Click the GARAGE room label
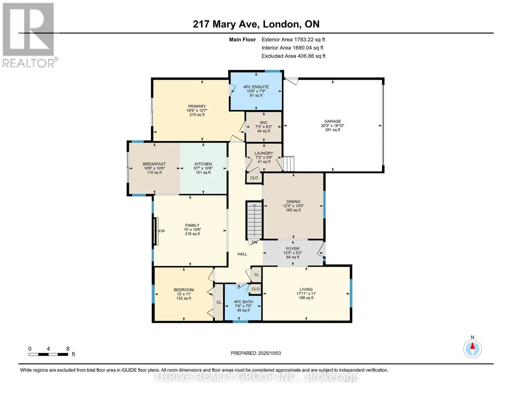(332, 121)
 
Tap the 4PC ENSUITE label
(256, 87)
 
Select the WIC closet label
(264, 123)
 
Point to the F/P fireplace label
(162, 231)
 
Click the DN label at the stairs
(255, 242)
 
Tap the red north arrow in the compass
(472, 346)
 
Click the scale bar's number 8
(68, 349)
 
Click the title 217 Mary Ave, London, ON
(256, 24)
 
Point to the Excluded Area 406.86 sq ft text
(293, 56)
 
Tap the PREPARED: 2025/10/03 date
(256, 353)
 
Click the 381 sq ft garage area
(332, 130)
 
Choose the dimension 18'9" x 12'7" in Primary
(197, 110)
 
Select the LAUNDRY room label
(264, 153)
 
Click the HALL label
(242, 254)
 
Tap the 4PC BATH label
(243, 302)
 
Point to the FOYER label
(293, 248)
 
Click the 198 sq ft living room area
(306, 298)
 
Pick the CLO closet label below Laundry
(254, 178)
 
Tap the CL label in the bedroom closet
(219, 302)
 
